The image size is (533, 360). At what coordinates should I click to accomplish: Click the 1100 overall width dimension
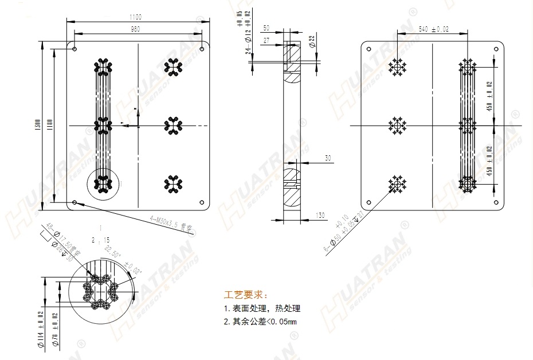135,18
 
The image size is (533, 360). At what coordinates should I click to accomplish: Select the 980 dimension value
135,29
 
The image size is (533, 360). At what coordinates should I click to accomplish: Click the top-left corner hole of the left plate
75,49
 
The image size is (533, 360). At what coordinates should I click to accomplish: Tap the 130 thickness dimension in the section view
320,216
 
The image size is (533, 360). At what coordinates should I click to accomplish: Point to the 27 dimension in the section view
266,41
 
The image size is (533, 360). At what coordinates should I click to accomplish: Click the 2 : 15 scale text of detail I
101,238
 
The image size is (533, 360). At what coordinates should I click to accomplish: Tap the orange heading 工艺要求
245,295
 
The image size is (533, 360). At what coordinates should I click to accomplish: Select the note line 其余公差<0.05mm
260,321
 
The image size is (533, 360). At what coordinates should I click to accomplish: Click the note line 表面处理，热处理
262,308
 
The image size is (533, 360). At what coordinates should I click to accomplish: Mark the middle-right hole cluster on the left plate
174,126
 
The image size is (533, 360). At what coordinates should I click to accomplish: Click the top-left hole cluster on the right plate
397,68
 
